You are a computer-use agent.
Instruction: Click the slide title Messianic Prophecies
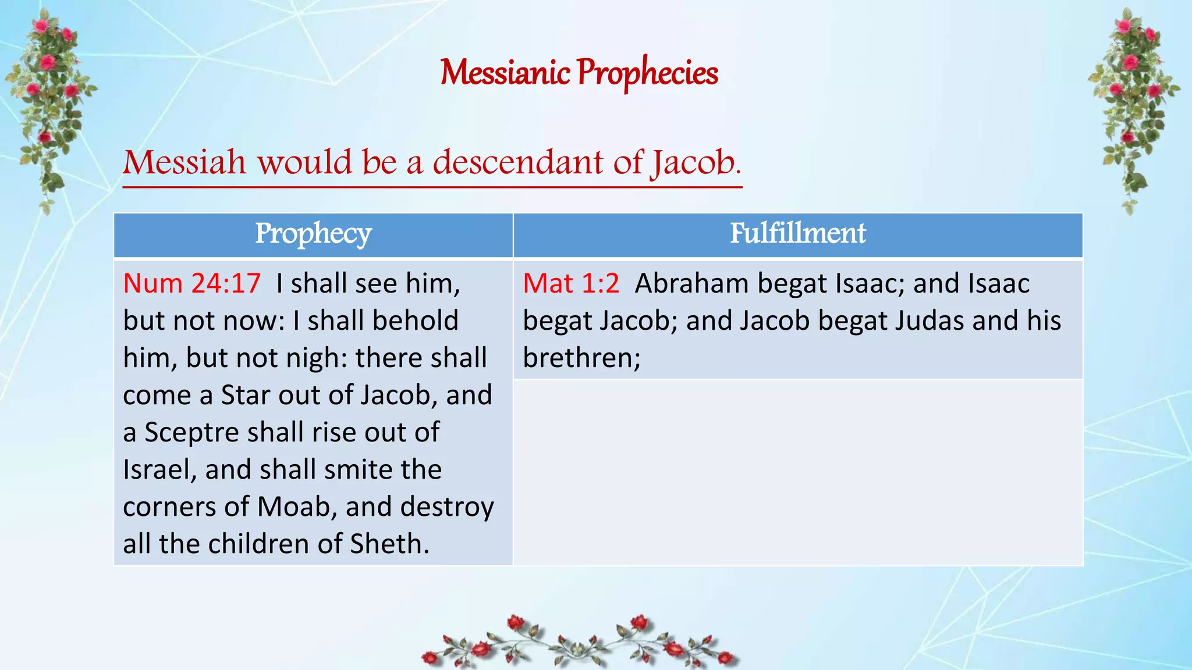pos(579,73)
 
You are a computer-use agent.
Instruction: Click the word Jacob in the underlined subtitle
pos(696,162)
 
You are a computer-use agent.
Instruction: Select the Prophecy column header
pos(313,234)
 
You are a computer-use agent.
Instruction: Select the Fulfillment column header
pos(797,234)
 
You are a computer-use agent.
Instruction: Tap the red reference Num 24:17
pos(192,284)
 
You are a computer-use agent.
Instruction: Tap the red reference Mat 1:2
pos(571,284)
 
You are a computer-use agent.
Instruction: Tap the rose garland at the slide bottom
pos(579,643)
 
